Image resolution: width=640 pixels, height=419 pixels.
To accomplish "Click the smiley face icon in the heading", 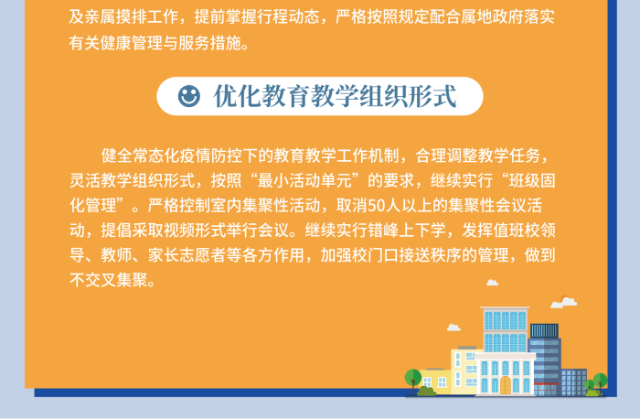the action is [189, 96].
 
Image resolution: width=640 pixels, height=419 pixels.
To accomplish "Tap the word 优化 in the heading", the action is [237, 96].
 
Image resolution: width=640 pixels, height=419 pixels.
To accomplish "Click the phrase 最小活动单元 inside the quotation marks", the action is [304, 180].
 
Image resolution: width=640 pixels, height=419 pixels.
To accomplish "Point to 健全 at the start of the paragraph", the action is [117, 156].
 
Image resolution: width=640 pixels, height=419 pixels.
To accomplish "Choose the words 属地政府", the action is [476, 16].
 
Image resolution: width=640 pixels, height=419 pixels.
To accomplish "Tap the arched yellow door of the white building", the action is [506, 385].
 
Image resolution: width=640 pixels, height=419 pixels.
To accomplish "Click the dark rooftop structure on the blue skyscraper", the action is [544, 331].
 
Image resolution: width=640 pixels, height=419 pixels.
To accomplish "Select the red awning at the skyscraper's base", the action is [546, 384].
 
